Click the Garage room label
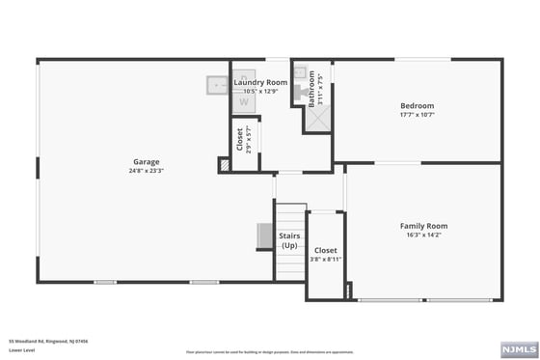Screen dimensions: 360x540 click(147, 161)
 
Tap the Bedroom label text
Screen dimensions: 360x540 click(418, 105)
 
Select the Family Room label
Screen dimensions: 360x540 click(423, 226)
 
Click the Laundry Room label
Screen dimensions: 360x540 click(260, 83)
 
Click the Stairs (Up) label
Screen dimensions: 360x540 click(289, 240)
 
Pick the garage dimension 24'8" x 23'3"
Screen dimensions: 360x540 click(147, 171)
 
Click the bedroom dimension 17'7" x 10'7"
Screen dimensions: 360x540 click(418, 115)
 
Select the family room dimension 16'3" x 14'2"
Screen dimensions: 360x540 click(423, 235)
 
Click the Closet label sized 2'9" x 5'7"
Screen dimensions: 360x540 click(240, 140)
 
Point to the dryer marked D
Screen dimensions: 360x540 click(244, 76)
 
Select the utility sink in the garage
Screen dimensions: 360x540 click(216, 86)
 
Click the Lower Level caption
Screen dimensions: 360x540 click(20, 349)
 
